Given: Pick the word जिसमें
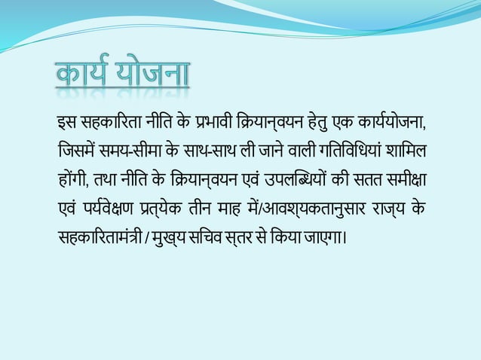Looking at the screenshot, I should coord(74,151).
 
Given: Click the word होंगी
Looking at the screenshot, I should coord(72,181).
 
